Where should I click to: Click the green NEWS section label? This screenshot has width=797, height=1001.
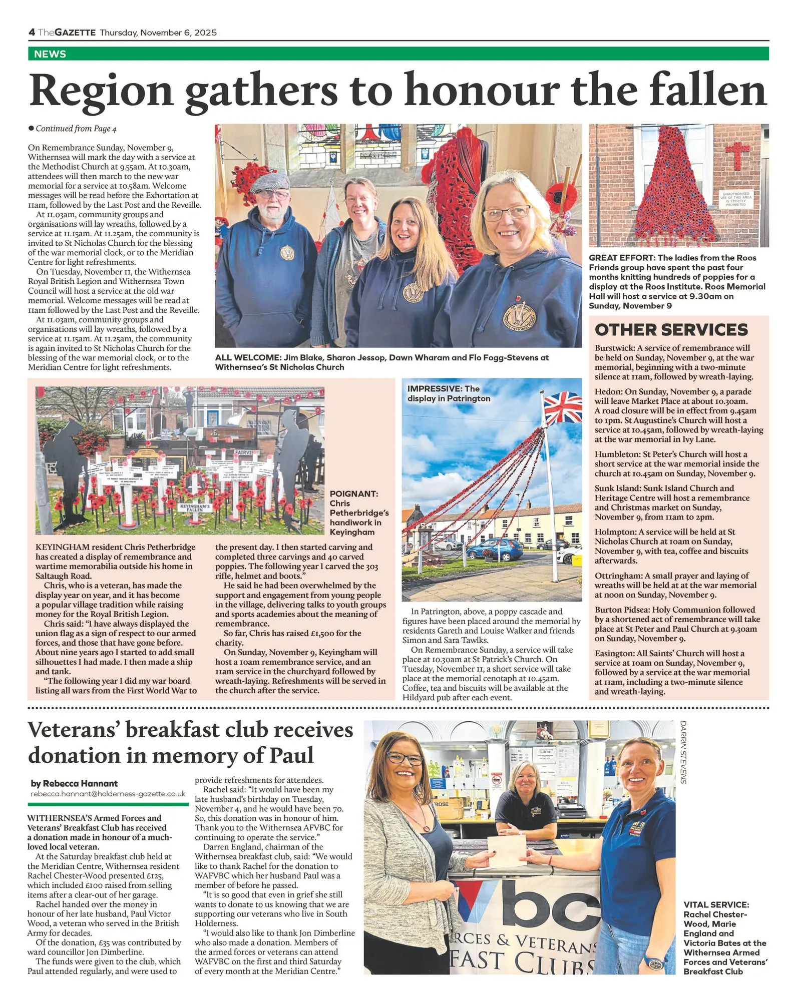coord(50,54)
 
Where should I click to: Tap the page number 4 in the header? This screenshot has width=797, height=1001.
coord(32,33)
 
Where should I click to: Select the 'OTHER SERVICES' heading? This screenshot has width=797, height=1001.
coord(671,330)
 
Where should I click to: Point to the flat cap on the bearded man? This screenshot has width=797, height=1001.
coord(270,183)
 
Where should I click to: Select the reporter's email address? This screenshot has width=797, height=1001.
coord(108,794)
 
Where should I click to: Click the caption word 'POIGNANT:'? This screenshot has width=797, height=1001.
coord(353,493)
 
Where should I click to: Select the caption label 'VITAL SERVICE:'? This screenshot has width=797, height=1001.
coord(716,905)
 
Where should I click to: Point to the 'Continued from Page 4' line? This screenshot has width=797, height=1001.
coord(76,129)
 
